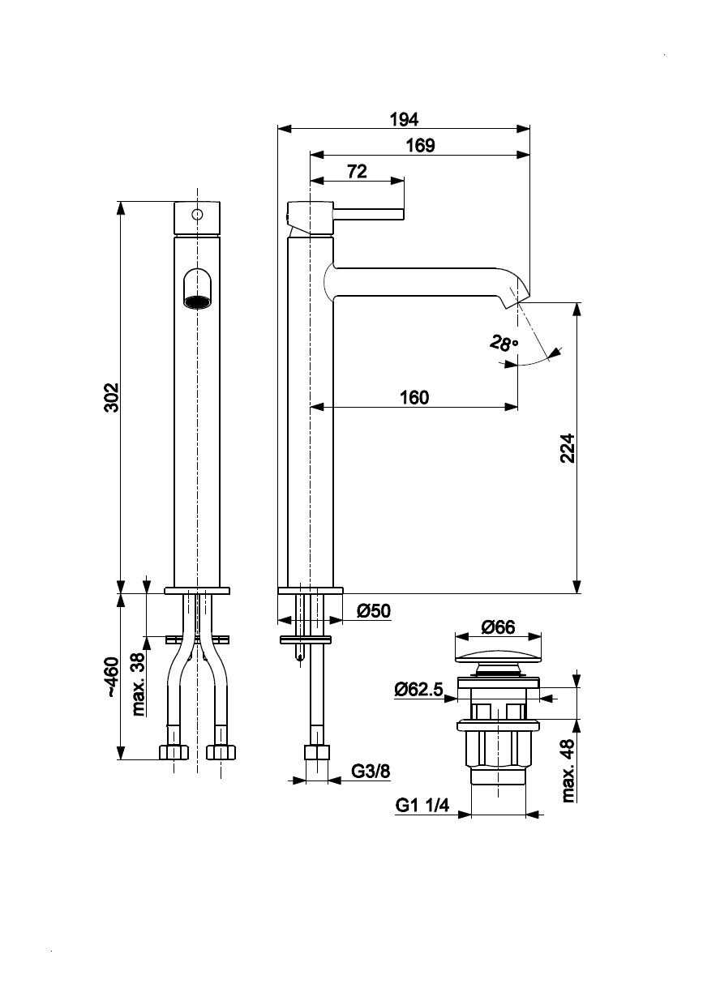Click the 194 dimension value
(x=403, y=119)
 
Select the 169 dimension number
(x=420, y=146)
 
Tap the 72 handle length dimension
(x=357, y=171)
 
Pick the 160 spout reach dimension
(x=414, y=397)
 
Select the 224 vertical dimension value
(x=567, y=448)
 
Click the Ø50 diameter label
(x=374, y=611)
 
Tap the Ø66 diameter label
(x=498, y=627)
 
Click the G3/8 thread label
(x=371, y=771)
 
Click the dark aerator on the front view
(x=197, y=303)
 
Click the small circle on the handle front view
(x=196, y=215)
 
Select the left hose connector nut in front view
(x=174, y=752)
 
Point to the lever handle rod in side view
(x=369, y=214)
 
